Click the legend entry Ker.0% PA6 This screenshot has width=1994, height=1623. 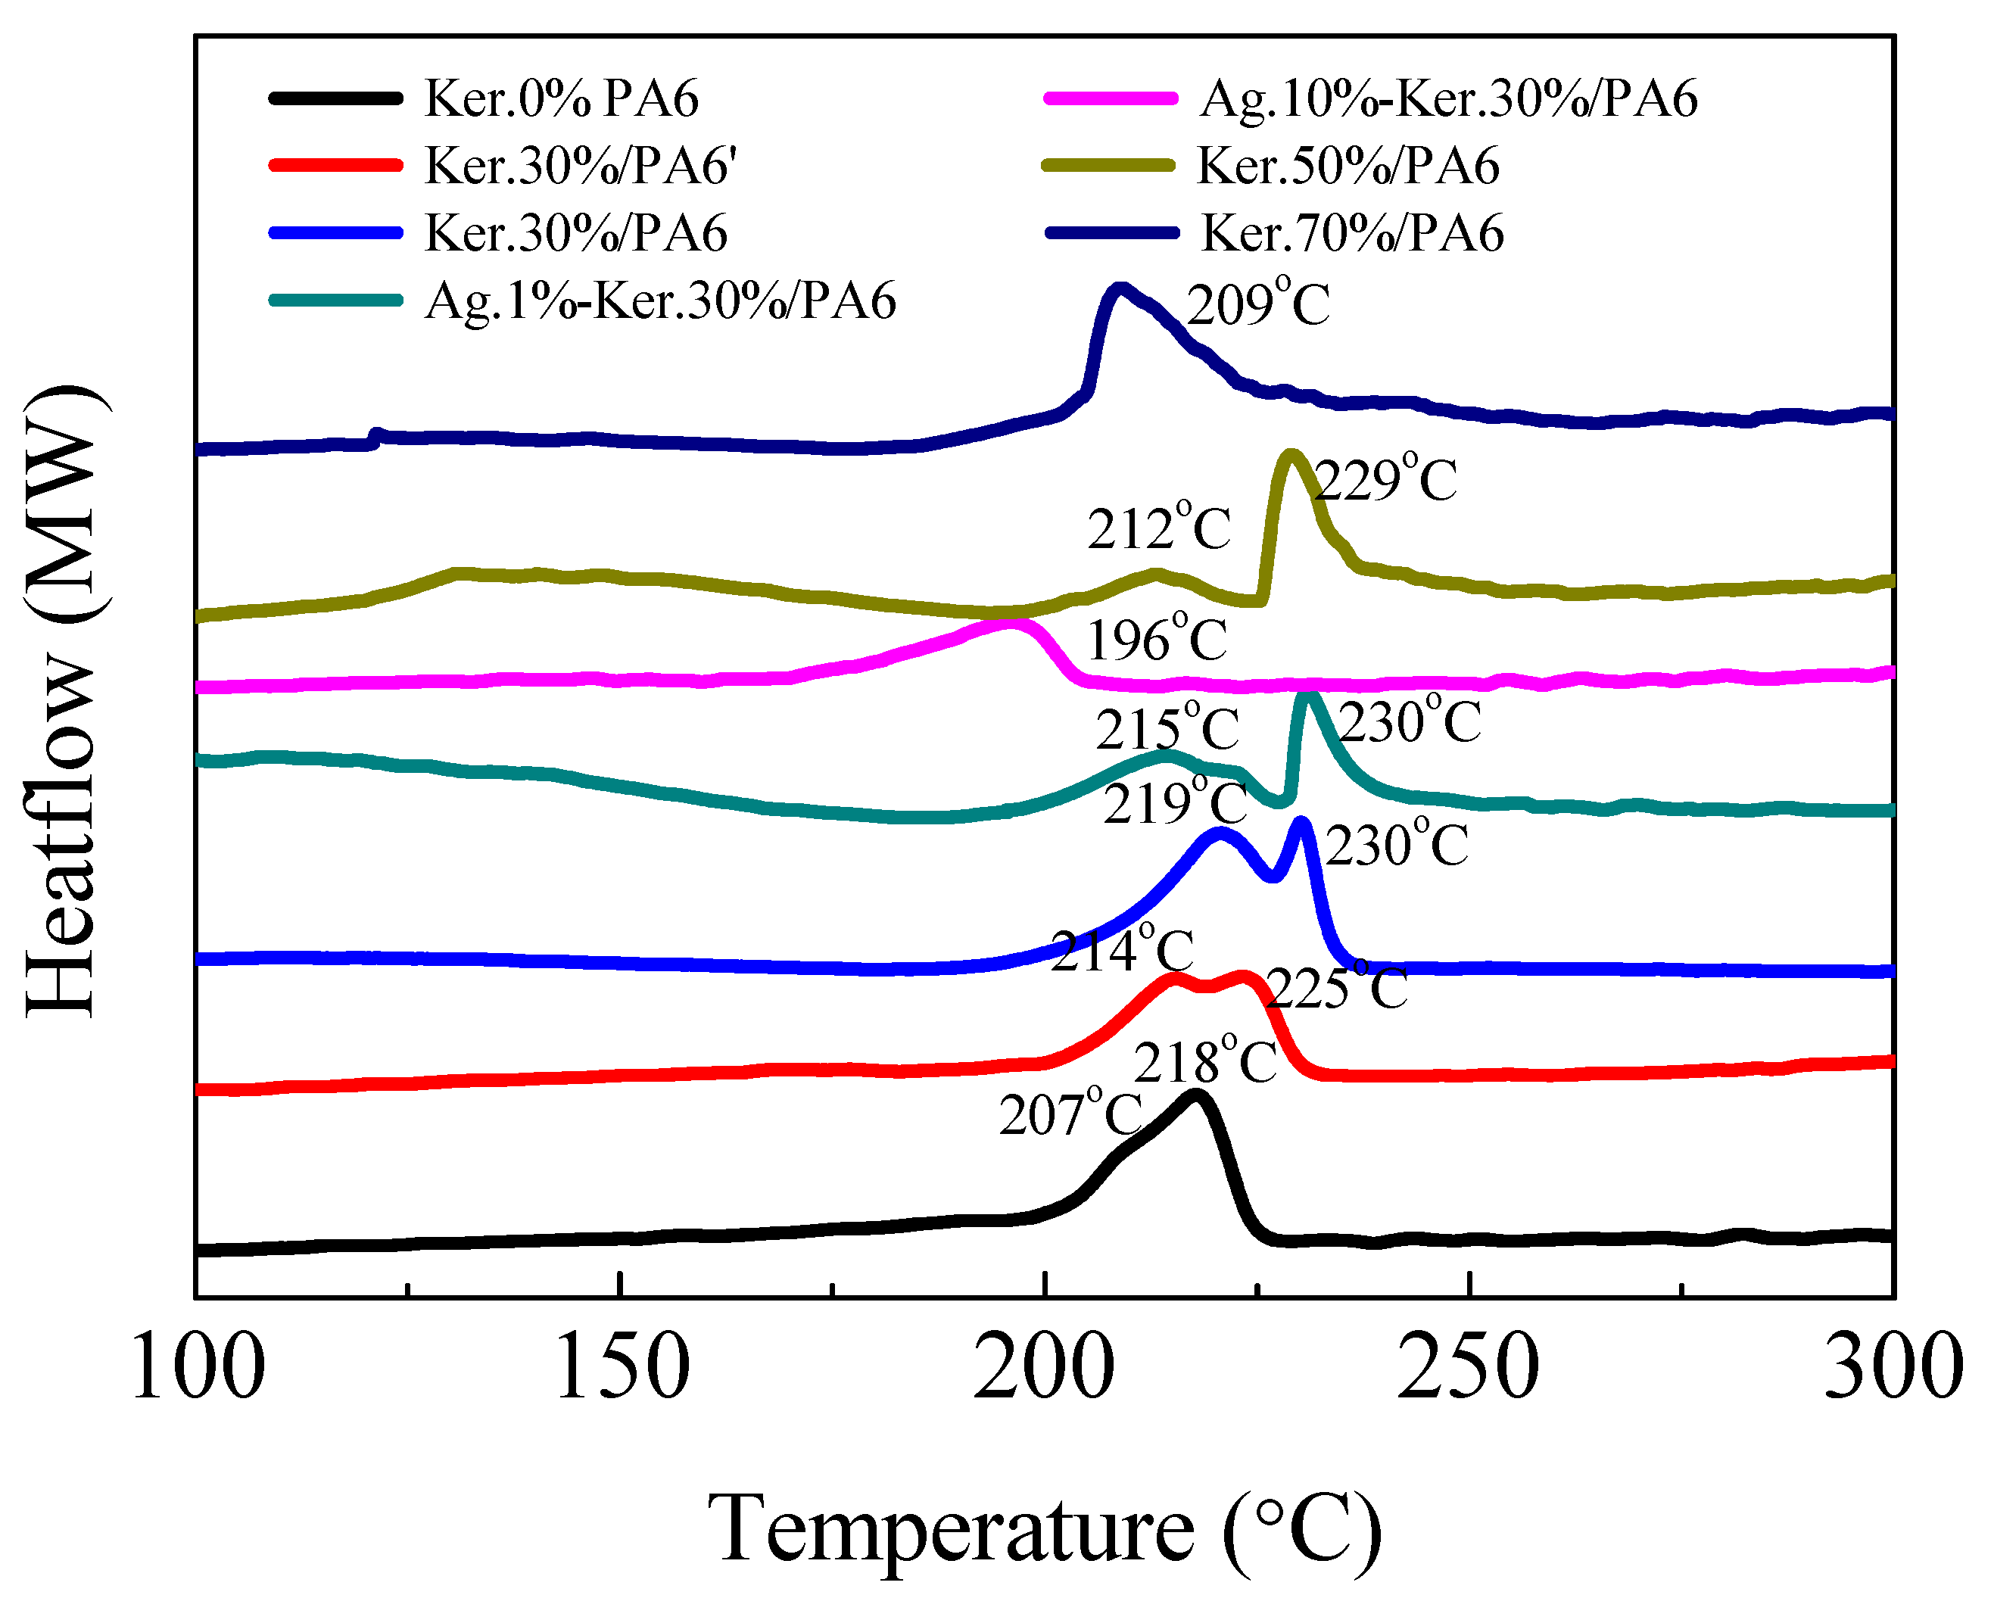click(561, 98)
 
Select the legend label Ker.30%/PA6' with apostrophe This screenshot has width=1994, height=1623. click(581, 166)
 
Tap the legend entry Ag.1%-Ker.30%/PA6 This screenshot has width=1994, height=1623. click(660, 300)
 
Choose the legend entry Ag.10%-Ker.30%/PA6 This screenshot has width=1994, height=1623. click(1447, 98)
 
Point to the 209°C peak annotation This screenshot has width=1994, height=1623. click(1257, 304)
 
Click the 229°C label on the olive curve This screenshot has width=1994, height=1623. click(1385, 481)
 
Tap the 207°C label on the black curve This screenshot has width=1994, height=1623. click(1070, 1114)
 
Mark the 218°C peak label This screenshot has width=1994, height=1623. click(1204, 1062)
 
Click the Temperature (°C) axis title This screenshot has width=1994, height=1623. click(1043, 1528)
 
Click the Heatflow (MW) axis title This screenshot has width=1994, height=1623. click(61, 701)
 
